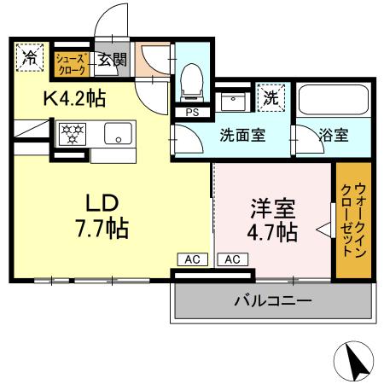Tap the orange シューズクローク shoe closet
(x=71, y=60)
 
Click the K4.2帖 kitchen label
(x=74, y=99)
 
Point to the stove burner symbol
(x=71, y=133)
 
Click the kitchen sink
(x=117, y=133)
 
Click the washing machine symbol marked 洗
(x=271, y=97)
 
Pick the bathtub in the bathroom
(x=334, y=102)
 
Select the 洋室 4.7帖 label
(x=273, y=219)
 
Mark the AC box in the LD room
(x=191, y=259)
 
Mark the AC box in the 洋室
(x=232, y=259)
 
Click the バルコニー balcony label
(x=272, y=301)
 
